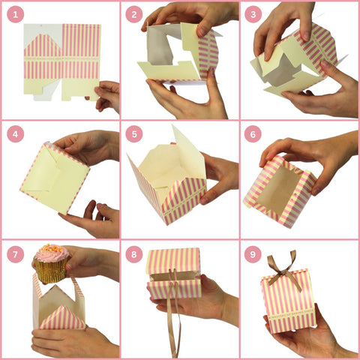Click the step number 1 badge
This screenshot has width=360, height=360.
click(x=16, y=14)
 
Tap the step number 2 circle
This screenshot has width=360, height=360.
click(x=134, y=14)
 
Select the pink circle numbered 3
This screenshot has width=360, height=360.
click(x=253, y=14)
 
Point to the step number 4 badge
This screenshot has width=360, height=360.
click(x=16, y=134)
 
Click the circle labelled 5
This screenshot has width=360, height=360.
click(x=134, y=134)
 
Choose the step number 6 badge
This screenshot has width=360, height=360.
click(x=253, y=134)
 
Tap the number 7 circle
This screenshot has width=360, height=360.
click(x=16, y=254)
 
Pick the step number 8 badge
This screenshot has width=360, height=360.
click(x=134, y=254)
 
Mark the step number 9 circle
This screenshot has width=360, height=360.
click(x=253, y=254)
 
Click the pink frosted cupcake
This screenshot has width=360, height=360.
click(x=51, y=264)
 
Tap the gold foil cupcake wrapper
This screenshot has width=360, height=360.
click(x=51, y=272)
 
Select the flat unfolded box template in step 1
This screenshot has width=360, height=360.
click(x=62, y=62)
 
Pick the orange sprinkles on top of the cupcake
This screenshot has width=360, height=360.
click(x=51, y=248)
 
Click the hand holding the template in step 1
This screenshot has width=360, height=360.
click(x=106, y=96)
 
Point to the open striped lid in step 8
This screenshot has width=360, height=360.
click(x=174, y=260)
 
